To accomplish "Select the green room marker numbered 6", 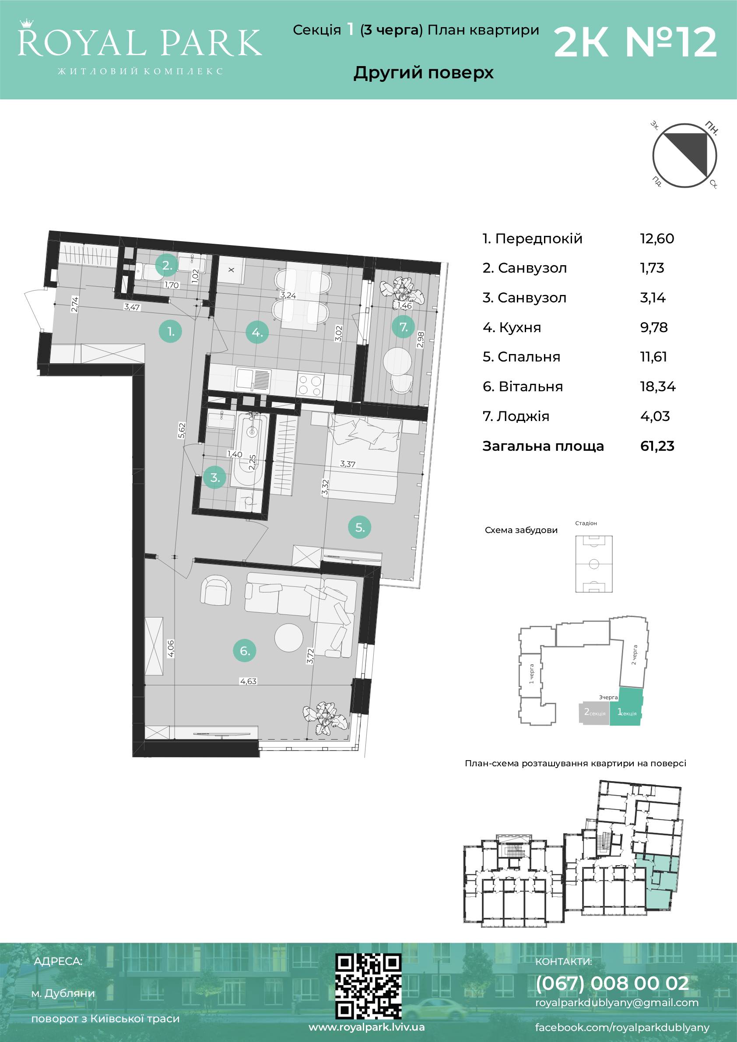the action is point(245,651).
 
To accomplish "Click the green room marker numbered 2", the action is point(167,266).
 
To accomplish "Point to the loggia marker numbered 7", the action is point(404,326).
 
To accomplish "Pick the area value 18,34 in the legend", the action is point(658,387).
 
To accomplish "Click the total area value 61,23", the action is point(657,446).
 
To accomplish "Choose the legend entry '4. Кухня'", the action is point(512,327).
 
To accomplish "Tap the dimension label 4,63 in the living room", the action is point(248,694).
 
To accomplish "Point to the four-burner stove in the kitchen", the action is point(310,385).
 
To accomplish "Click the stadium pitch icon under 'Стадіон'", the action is point(593,564).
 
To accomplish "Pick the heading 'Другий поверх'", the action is point(423,73).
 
